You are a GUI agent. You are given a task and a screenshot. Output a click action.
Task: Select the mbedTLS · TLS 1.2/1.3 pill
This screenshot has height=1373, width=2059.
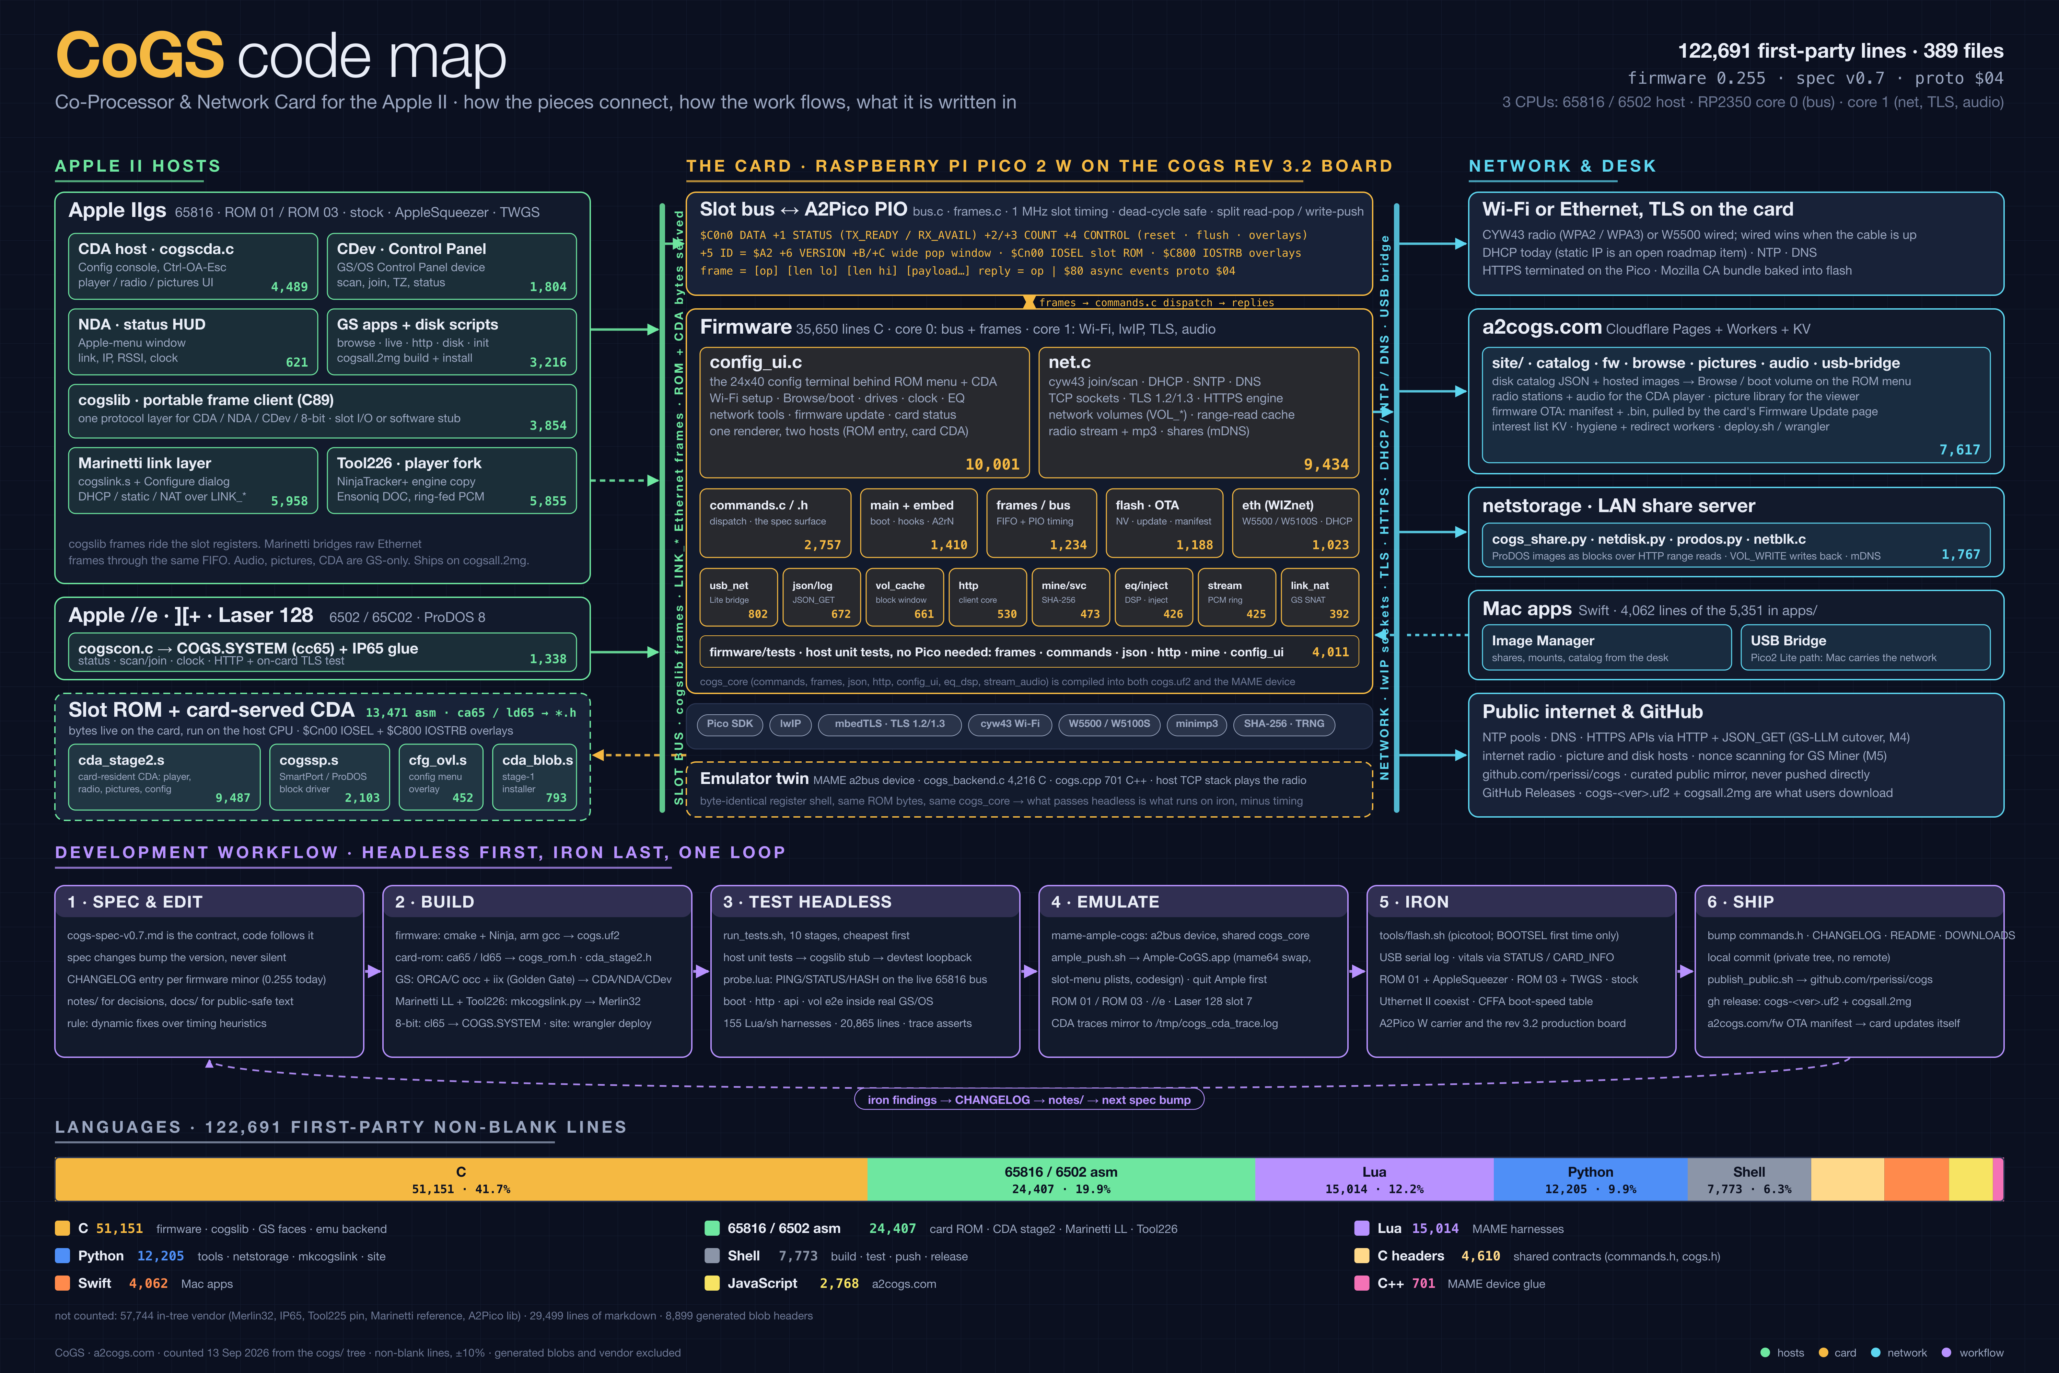(889, 724)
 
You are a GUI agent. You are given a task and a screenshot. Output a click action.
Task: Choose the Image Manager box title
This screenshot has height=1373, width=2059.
(1543, 641)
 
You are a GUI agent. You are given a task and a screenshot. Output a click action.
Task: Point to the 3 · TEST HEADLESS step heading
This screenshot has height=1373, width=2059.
(807, 902)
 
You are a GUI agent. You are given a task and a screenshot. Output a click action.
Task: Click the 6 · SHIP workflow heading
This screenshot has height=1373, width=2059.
(1740, 902)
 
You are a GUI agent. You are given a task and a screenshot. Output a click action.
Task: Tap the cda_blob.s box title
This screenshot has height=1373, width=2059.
(537, 760)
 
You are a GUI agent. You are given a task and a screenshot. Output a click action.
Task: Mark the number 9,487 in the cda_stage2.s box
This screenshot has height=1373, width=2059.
(233, 798)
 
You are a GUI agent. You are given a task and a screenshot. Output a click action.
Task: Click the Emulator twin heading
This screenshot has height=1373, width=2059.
(754, 778)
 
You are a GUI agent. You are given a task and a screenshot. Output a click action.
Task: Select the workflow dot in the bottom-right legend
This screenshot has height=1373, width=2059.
(1946, 1353)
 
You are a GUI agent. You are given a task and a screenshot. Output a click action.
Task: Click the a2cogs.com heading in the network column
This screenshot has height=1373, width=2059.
(1542, 327)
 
